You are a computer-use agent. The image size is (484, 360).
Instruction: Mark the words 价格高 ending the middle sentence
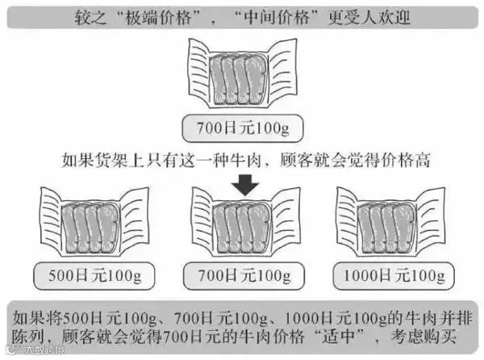(407, 159)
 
